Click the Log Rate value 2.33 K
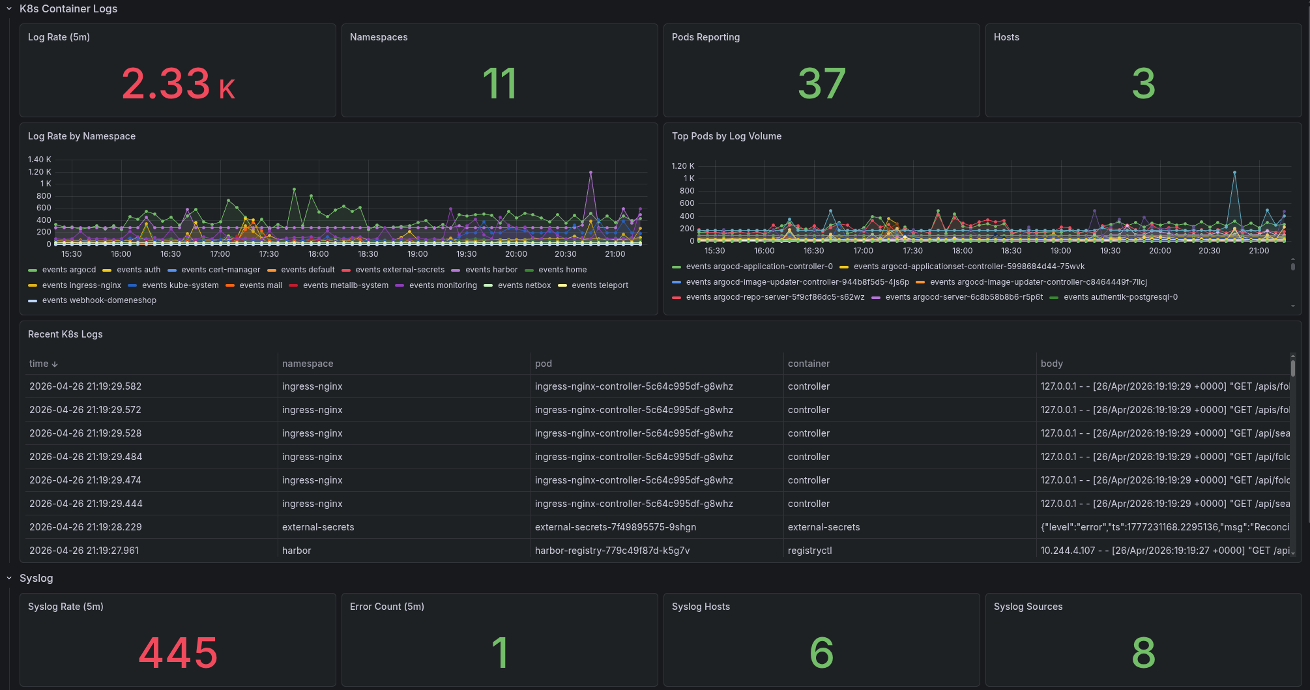coord(178,84)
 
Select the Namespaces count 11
coord(499,84)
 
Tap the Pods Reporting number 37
coord(821,84)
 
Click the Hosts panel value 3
coord(1143,84)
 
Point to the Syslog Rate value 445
coord(178,653)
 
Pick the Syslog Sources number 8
coord(1143,653)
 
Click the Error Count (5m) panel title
coord(386,607)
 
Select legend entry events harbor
coord(491,270)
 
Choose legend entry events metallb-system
coord(345,285)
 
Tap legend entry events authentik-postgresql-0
coord(1120,297)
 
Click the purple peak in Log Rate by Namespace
coord(590,173)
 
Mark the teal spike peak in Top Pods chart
coord(1234,173)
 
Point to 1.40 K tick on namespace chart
coord(39,160)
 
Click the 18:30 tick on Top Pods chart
coord(1011,251)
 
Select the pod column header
coord(543,364)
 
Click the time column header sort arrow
coord(55,364)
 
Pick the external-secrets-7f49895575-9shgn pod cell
coord(615,527)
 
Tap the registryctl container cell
coord(809,551)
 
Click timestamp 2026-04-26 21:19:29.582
coord(85,386)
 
